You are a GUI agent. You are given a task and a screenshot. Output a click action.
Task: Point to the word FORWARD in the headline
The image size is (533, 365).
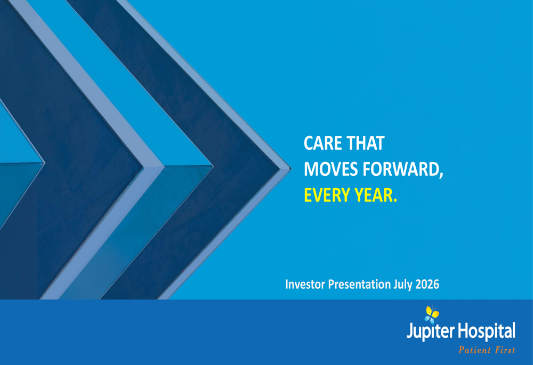[x=400, y=169]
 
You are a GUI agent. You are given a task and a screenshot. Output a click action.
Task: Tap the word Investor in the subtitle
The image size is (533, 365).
[x=304, y=284]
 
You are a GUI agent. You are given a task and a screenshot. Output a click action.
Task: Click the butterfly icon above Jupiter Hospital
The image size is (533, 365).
[x=432, y=315]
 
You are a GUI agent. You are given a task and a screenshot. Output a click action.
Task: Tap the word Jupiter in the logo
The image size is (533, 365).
[x=430, y=331]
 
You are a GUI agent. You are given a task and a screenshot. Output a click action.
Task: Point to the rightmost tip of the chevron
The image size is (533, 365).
[x=291, y=168]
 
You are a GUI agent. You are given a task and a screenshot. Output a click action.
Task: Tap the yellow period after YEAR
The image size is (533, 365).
[x=394, y=200]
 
